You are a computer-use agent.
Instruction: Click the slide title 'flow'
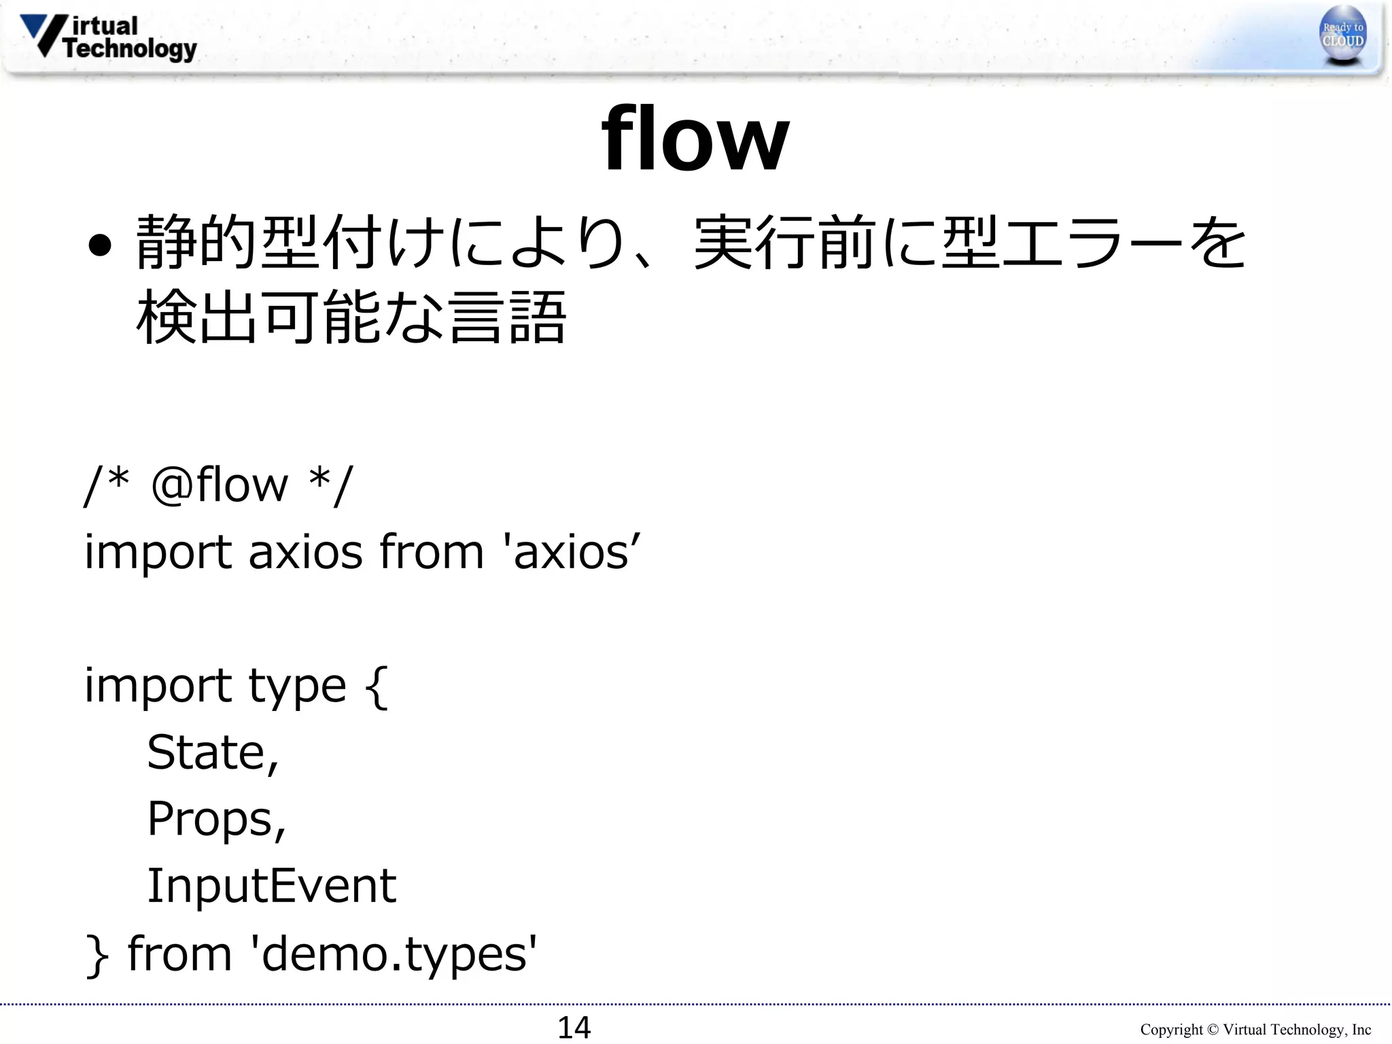[x=695, y=139]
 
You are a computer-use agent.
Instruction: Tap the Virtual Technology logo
[x=109, y=37]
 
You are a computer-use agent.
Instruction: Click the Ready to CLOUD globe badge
[x=1342, y=35]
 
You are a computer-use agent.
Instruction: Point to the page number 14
[x=574, y=1027]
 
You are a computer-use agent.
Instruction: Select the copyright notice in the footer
[x=1255, y=1029]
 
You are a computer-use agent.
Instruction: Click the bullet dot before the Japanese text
[x=99, y=246]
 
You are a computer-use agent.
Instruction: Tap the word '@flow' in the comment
[x=220, y=485]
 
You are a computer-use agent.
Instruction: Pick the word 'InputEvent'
[x=271, y=886]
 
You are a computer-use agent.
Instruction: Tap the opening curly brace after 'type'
[x=377, y=687]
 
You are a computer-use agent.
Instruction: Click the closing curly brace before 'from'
[x=97, y=955]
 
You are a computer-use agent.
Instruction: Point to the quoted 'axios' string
[x=571, y=552]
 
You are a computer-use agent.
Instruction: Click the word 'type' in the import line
[x=298, y=686]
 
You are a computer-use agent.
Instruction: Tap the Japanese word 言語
[x=507, y=317]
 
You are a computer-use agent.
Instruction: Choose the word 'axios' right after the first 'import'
[x=305, y=552]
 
